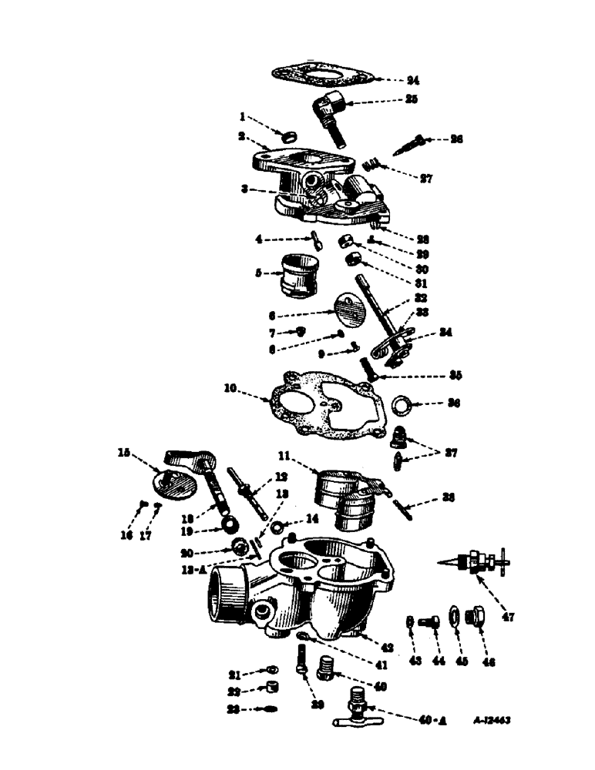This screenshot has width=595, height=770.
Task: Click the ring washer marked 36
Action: click(x=402, y=403)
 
